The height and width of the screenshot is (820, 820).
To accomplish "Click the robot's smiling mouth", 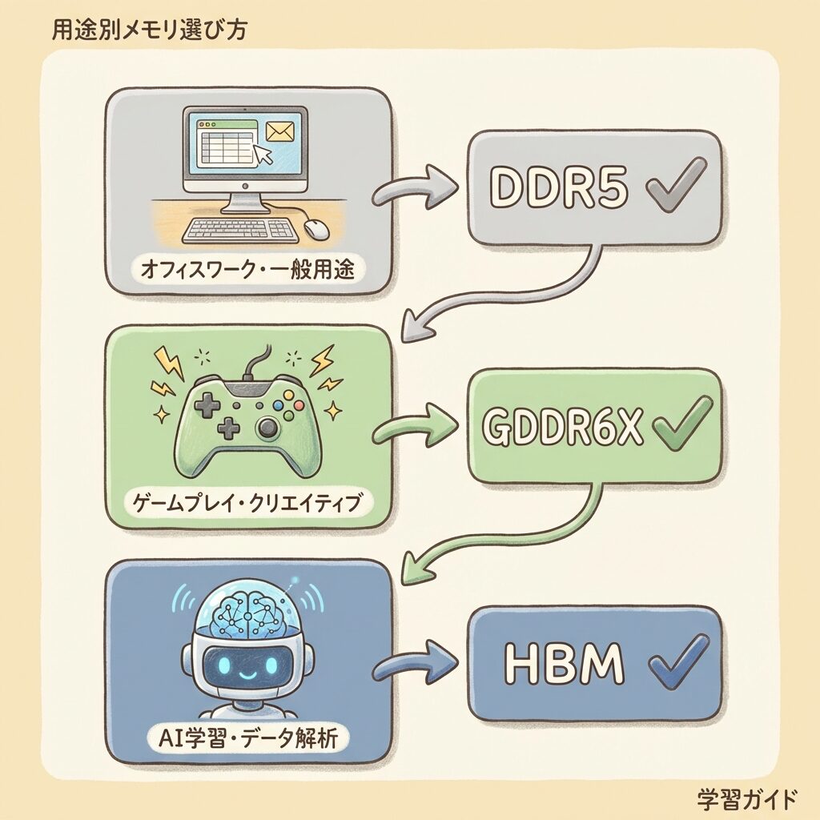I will (247, 672).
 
